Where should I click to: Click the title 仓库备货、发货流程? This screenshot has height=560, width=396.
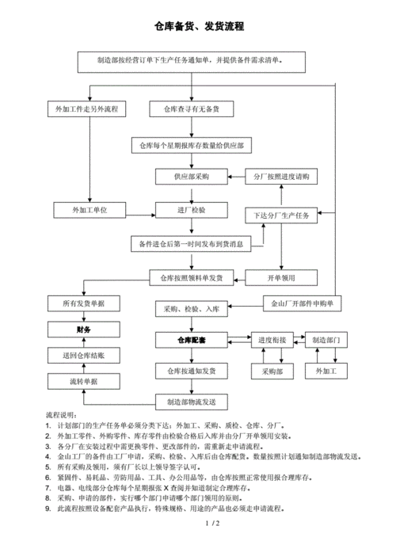click(x=198, y=27)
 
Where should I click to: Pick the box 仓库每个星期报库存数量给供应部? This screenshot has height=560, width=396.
click(x=191, y=145)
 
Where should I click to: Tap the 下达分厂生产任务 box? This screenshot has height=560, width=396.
click(x=282, y=215)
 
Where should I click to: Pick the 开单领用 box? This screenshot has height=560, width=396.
click(x=282, y=277)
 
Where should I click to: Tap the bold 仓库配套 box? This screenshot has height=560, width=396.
click(x=191, y=340)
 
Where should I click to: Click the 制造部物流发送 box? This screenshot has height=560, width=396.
click(x=191, y=402)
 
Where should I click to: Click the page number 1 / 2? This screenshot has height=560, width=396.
click(x=211, y=546)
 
